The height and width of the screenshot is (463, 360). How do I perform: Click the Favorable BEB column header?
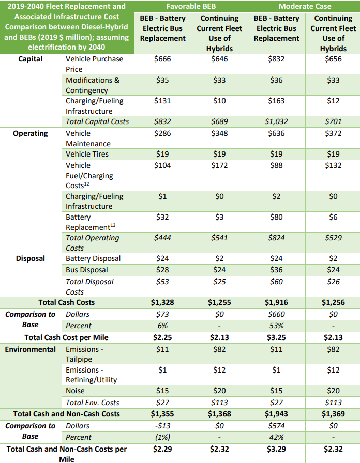(191, 6)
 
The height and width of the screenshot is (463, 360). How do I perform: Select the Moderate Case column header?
(304, 6)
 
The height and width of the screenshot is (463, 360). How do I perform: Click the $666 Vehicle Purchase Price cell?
(163, 59)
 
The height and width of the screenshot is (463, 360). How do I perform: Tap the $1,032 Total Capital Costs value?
(276, 121)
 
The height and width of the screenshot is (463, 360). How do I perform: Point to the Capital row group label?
(31, 59)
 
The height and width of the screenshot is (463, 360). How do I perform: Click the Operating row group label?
(31, 133)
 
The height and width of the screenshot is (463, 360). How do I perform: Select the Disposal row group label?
(31, 258)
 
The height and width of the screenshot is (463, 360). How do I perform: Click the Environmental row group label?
(31, 349)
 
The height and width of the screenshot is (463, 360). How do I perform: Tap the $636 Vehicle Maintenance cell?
(276, 133)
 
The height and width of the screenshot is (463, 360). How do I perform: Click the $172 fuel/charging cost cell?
(219, 165)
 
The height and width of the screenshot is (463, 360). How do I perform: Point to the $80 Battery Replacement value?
(276, 217)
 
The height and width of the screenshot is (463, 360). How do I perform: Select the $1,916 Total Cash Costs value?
(276, 302)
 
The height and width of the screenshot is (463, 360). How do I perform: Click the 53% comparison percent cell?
(276, 326)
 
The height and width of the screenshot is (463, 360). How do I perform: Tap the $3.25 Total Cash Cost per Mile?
(276, 337)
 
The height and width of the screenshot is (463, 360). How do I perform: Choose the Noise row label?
(76, 391)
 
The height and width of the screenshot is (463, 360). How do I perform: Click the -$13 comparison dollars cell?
(163, 426)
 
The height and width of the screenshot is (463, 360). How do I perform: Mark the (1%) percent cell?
(163, 437)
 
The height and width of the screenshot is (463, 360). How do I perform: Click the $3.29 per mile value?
(276, 449)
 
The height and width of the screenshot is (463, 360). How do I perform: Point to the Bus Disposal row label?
(87, 270)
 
